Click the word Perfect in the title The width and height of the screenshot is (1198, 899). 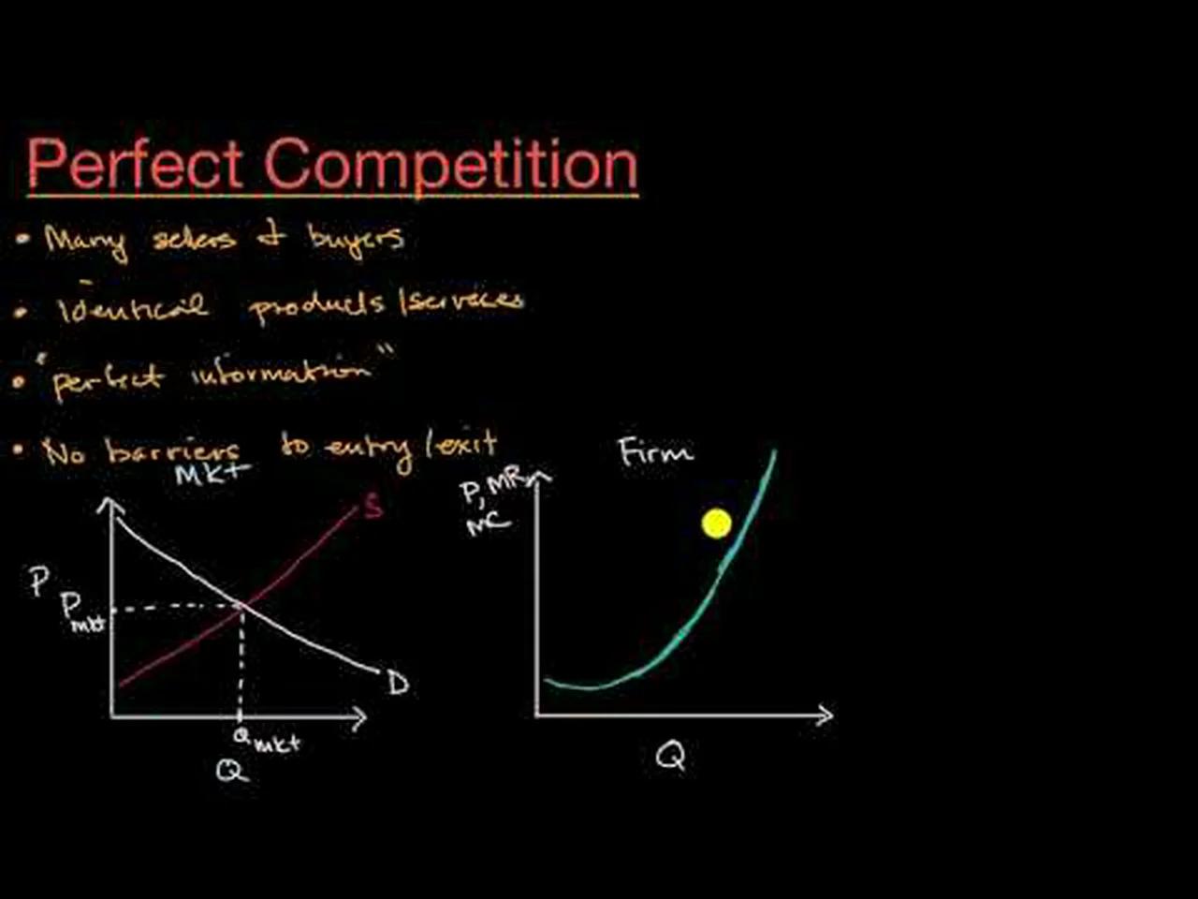pyautogui.click(x=135, y=165)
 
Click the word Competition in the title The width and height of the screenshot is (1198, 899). pyautogui.click(x=450, y=167)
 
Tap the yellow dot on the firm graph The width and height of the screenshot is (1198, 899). pyautogui.click(x=716, y=523)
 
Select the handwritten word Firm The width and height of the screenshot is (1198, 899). pyautogui.click(x=655, y=453)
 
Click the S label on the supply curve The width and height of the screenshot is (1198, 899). pyautogui.click(x=373, y=508)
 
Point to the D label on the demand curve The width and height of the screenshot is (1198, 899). pyautogui.click(x=398, y=684)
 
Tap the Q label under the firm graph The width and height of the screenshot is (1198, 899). pyautogui.click(x=670, y=755)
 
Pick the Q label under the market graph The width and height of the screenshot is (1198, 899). pyautogui.click(x=231, y=771)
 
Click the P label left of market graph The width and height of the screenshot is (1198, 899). pyautogui.click(x=38, y=582)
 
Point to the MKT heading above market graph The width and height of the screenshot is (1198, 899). pyautogui.click(x=212, y=473)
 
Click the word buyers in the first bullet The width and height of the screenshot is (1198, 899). pyautogui.click(x=356, y=240)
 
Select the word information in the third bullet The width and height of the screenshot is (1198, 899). pyautogui.click(x=281, y=374)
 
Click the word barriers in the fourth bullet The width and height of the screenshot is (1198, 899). pyautogui.click(x=173, y=451)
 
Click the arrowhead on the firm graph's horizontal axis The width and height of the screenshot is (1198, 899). pyautogui.click(x=825, y=715)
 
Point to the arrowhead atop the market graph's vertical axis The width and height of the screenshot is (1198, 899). pyautogui.click(x=110, y=504)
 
